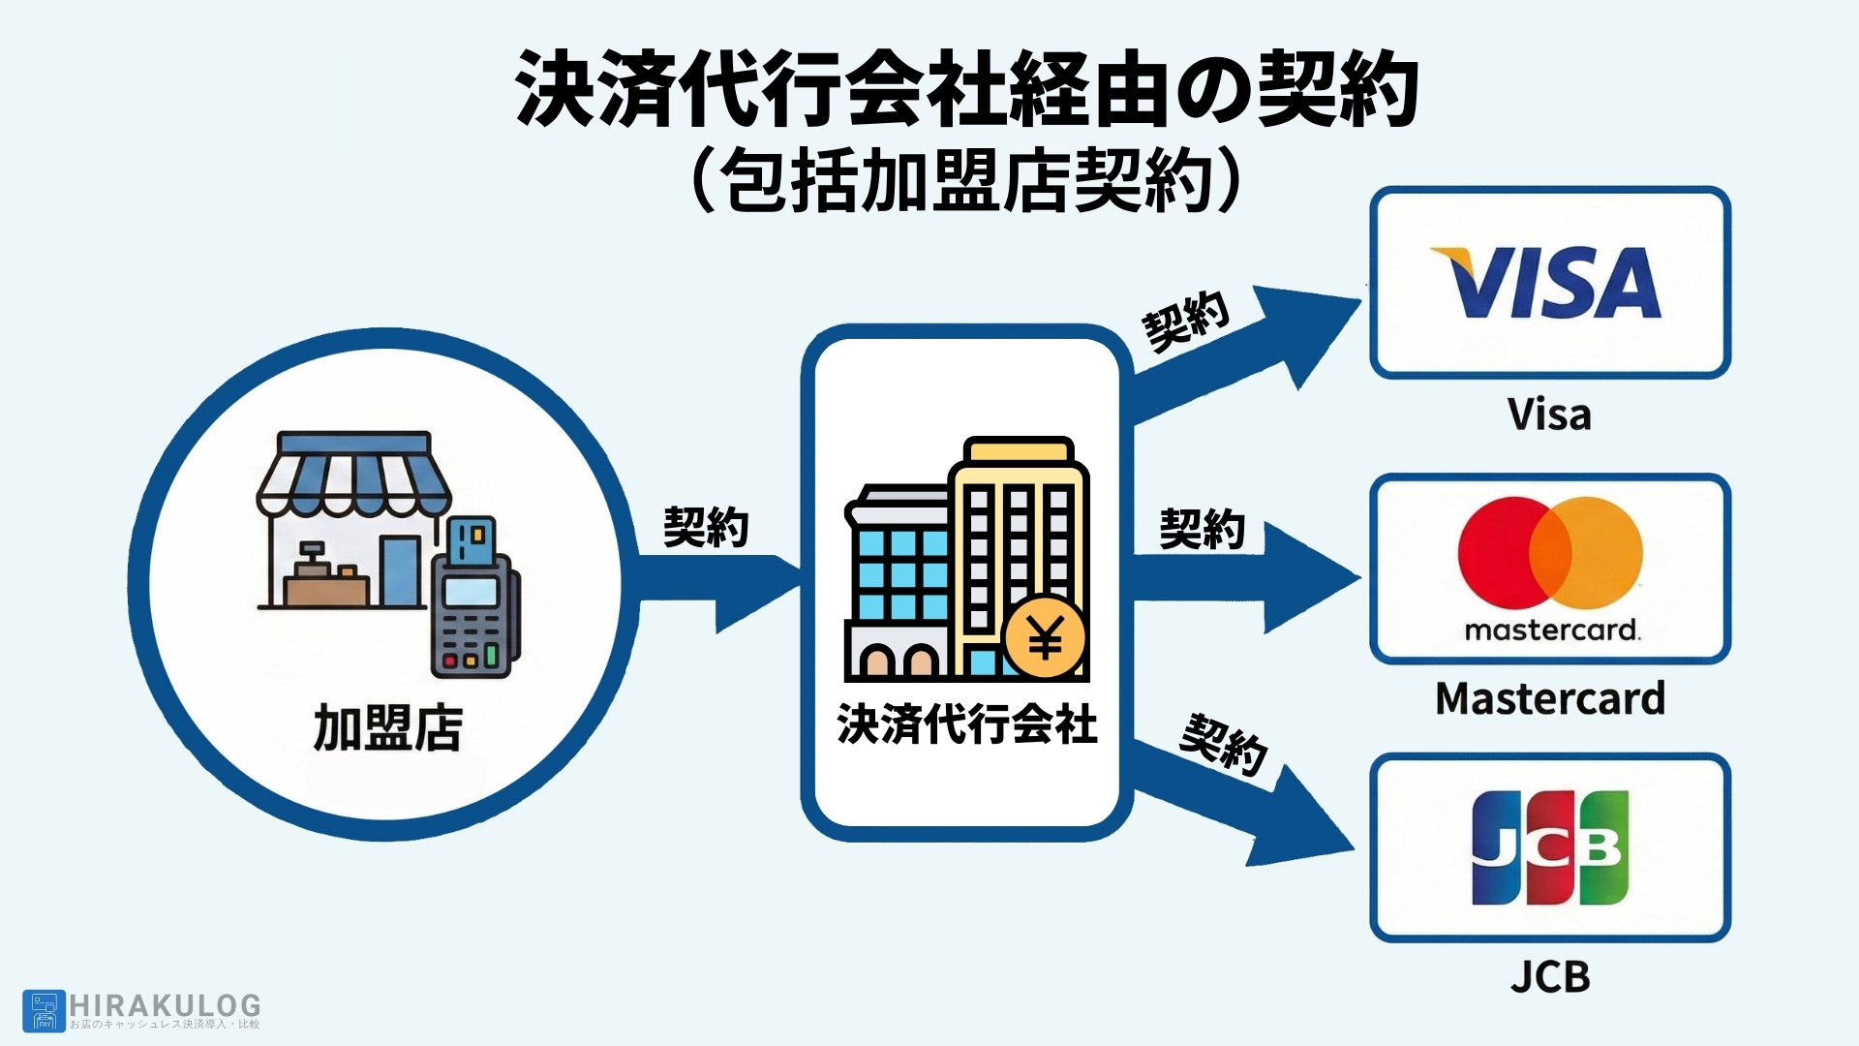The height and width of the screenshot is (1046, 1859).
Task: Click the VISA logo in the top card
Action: point(1547,282)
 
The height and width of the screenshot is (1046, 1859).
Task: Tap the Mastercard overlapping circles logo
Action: point(1550,553)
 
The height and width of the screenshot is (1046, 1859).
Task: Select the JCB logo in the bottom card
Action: point(1550,847)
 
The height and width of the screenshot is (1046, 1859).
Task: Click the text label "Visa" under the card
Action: point(1549,415)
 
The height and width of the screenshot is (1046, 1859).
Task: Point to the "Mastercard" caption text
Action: point(1550,698)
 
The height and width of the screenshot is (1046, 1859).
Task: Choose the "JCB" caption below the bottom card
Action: point(1550,976)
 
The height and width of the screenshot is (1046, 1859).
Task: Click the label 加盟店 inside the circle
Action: point(388,728)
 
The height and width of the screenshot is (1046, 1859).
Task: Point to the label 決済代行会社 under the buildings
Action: point(967,724)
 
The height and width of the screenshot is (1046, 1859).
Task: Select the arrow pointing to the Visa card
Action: point(1249,354)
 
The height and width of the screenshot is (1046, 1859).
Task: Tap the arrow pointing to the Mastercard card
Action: point(1249,578)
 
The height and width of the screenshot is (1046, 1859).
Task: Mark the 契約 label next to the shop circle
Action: point(706,527)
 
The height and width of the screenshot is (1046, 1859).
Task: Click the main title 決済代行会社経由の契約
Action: point(967,89)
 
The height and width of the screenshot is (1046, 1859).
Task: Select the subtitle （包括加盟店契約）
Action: point(967,180)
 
